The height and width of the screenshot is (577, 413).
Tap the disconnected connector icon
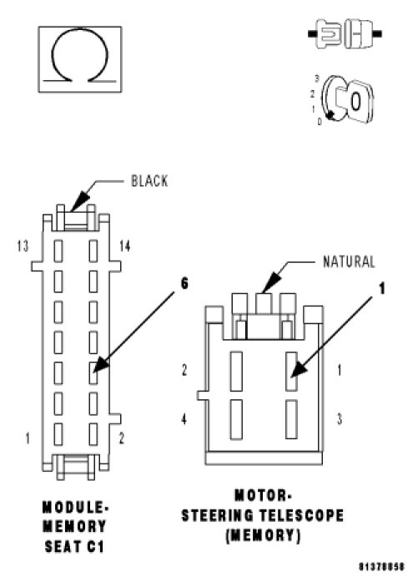[x=345, y=34]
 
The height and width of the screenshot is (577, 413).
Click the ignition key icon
[x=345, y=99]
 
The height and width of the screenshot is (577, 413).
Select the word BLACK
[x=149, y=181]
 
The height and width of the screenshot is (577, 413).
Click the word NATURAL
[x=349, y=261]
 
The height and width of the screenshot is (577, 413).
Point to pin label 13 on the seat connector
[x=23, y=245]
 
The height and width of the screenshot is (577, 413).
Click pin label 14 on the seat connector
[x=124, y=245]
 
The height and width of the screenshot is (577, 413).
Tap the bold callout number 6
[x=184, y=283]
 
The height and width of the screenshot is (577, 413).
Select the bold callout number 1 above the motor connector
[x=382, y=289]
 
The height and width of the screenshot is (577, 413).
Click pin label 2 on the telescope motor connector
[x=184, y=370]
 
